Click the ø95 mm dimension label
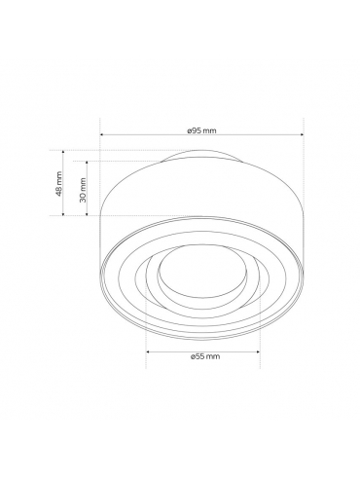tap(201, 130)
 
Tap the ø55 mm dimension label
tap(205, 356)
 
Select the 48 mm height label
tap(58, 184)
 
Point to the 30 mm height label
tap(83, 190)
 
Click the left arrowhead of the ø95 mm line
tap(101, 134)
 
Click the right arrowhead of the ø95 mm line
tap(302, 134)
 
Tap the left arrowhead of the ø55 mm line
tap(148, 351)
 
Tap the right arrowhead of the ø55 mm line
tap(258, 351)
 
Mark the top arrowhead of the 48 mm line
tap(63, 152)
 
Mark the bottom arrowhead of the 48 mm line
tap(63, 213)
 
